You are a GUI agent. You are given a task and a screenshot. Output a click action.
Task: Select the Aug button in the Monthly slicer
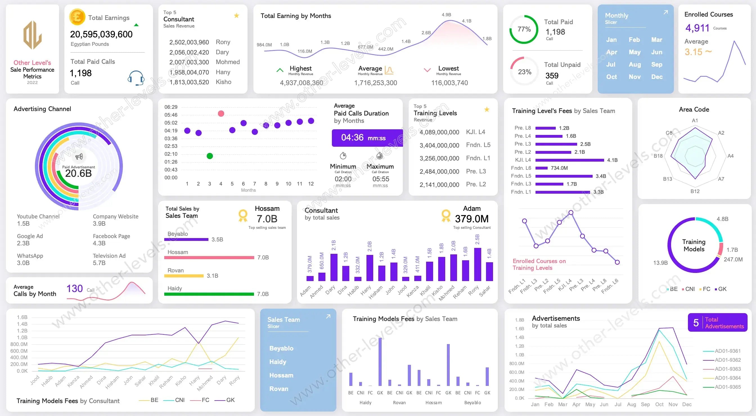tap(634, 65)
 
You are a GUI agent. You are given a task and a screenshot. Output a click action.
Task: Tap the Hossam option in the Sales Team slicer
tap(281, 375)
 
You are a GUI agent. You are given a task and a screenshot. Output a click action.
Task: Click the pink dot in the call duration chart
tap(221, 114)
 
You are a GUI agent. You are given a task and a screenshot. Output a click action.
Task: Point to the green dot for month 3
tap(210, 156)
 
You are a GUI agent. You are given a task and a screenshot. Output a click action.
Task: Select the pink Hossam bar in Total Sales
tap(209, 257)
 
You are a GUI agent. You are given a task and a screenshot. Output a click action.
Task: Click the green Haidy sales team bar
tap(209, 294)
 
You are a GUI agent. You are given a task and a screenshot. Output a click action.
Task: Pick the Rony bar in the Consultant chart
tap(478, 264)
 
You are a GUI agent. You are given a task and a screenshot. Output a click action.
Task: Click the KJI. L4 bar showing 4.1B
tap(570, 160)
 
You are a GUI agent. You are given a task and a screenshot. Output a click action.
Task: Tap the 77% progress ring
tap(524, 29)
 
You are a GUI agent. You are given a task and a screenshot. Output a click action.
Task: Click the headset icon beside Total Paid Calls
tap(136, 78)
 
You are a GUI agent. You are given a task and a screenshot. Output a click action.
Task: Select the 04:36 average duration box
tap(367, 138)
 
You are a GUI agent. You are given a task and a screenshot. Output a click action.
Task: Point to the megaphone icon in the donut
tap(79, 157)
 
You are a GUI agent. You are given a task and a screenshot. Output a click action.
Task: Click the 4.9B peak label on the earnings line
tap(446, 15)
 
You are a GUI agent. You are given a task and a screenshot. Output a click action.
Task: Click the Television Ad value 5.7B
tap(99, 263)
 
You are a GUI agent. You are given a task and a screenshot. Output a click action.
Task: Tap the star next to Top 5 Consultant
tap(237, 15)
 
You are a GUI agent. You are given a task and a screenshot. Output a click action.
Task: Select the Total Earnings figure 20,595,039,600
tap(101, 34)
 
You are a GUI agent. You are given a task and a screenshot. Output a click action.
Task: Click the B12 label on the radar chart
tap(695, 191)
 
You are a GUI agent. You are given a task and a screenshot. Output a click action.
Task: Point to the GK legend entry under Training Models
tap(721, 289)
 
